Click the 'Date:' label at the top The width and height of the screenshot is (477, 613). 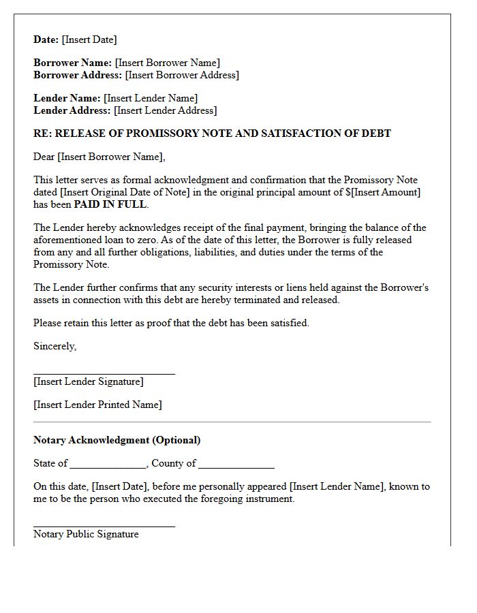click(46, 40)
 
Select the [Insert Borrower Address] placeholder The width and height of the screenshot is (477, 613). click(182, 75)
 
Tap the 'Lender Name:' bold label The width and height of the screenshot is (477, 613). click(67, 98)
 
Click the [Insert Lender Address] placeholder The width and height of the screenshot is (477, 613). click(165, 110)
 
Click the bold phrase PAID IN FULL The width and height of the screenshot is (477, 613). click(110, 204)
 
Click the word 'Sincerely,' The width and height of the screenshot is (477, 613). click(55, 346)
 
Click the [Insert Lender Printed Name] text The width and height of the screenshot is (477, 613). click(97, 405)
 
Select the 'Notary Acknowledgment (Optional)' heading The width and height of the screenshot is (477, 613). click(117, 440)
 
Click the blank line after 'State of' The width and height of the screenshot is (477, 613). click(108, 467)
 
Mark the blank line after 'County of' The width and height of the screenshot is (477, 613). click(236, 467)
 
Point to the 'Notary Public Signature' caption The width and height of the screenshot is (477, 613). click(86, 534)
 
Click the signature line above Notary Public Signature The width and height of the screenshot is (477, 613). click(104, 526)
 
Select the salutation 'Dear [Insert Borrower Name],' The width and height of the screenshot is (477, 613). click(99, 157)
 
